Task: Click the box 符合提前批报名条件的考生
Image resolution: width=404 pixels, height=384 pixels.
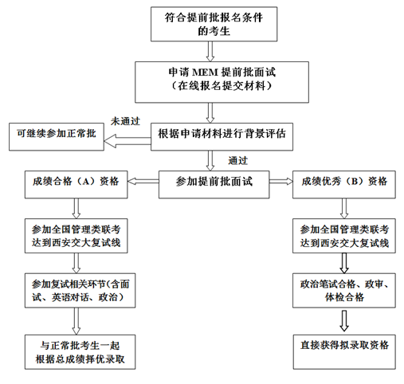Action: pos(214,24)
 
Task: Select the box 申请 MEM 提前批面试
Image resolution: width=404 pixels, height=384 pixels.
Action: pos(222,82)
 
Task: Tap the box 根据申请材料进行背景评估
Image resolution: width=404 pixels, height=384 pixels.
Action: pos(222,137)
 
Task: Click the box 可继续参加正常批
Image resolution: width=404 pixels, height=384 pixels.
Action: pos(57,137)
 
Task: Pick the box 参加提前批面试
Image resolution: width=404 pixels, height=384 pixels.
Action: pos(214,185)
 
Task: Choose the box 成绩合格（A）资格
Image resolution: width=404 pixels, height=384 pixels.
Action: pos(76,185)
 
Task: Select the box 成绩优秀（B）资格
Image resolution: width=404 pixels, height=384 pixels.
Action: pos(344,185)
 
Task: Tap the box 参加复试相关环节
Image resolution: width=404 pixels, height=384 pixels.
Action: pos(80,291)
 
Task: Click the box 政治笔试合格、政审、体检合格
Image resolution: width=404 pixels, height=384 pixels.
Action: pos(344,291)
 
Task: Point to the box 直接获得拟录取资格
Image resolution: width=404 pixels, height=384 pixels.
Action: pos(344,352)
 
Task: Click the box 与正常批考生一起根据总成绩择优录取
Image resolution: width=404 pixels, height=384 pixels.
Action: pos(80,352)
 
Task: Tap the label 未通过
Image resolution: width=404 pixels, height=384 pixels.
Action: pos(125,121)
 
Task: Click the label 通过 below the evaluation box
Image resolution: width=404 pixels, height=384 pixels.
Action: pos(238,161)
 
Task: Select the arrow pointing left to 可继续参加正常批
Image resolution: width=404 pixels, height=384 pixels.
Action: pos(127,141)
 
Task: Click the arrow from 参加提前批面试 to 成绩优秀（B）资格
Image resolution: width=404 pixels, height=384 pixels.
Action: pos(281,182)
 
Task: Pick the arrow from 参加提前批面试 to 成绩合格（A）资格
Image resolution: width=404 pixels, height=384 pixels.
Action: pos(143,182)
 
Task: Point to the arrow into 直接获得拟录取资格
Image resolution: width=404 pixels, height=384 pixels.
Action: pos(344,320)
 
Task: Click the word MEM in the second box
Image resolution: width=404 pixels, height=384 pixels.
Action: pos(205,72)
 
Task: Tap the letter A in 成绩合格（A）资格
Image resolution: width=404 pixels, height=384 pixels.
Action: pos(85,182)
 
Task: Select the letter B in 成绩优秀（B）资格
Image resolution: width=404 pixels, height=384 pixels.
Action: pos(354,182)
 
